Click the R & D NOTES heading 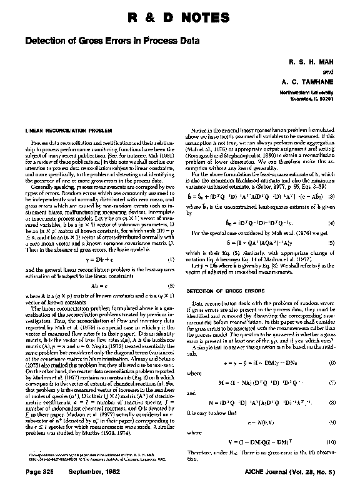coord(180,16)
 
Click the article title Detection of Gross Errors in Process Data coord(111,41)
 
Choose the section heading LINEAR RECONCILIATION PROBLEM coord(63,132)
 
